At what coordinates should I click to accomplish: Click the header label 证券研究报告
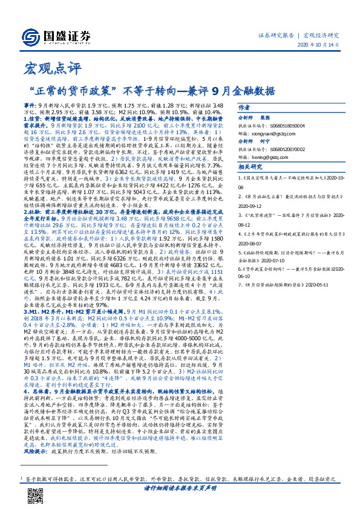[x=281, y=35]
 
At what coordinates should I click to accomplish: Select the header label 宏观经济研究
[x=321, y=35]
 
